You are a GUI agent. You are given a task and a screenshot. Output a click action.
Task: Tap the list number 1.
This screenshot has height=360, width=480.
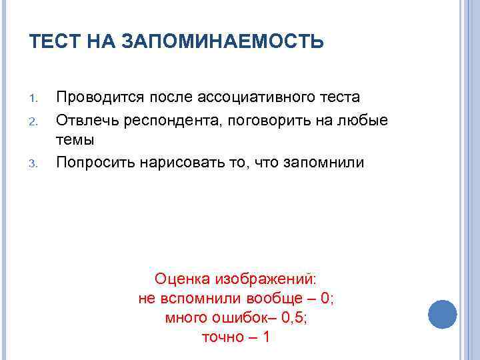click(37, 99)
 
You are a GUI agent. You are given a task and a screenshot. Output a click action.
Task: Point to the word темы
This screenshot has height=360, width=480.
click(75, 140)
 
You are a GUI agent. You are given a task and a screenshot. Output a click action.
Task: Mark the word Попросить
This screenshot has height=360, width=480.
click(95, 162)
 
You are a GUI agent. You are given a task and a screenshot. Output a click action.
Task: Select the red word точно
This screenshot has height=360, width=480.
click(223, 337)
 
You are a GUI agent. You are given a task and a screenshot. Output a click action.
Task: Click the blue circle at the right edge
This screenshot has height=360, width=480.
click(441, 313)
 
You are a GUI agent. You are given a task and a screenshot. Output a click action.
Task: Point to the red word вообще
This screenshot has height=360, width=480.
click(264, 298)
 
